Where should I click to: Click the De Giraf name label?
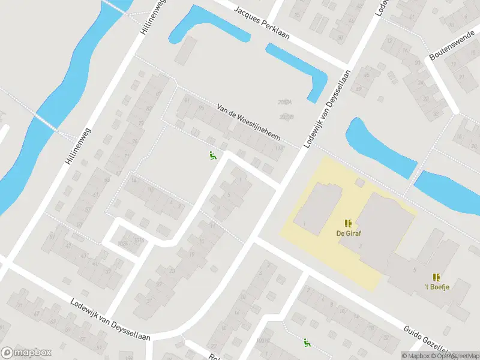point(348,233)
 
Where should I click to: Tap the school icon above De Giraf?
point(348,223)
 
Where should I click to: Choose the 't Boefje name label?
point(437,287)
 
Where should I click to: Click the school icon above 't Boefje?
point(437,277)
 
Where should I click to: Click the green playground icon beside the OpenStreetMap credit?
point(307,343)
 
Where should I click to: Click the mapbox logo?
point(26,353)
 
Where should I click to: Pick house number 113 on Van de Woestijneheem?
point(278,148)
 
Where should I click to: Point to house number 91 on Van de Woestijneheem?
point(187,100)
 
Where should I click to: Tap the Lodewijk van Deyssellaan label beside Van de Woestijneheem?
point(320,108)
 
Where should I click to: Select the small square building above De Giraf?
point(360,182)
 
